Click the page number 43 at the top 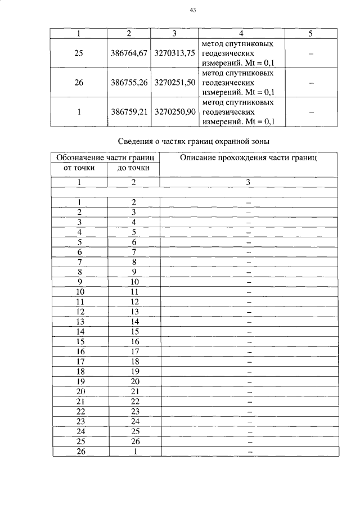(x=192, y=10)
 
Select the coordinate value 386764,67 (x=129, y=53)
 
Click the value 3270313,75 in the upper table (x=174, y=53)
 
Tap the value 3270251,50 (x=174, y=82)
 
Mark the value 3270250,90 (x=174, y=111)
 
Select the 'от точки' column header (x=79, y=168)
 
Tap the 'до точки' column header (x=133, y=168)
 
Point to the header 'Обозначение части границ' (x=106, y=158)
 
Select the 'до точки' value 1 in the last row (x=134, y=452)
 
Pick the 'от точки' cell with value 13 (x=80, y=322)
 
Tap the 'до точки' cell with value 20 (x=134, y=381)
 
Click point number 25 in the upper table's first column (x=79, y=53)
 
